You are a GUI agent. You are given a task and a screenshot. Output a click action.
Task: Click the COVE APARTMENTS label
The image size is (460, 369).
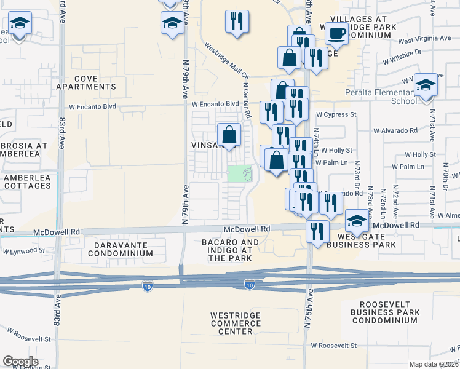[95, 83]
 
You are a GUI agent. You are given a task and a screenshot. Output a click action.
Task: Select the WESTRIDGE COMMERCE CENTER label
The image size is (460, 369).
[236, 323]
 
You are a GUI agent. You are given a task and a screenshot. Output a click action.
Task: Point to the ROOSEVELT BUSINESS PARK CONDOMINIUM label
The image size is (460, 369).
[389, 312]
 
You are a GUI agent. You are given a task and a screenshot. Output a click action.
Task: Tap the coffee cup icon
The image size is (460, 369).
[336, 33]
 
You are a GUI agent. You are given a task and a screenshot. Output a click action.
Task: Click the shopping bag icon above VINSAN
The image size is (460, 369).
[229, 135]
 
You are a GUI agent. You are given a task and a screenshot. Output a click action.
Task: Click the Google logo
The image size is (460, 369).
[20, 362]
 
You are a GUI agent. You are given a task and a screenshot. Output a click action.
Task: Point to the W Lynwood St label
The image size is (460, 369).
[24, 251]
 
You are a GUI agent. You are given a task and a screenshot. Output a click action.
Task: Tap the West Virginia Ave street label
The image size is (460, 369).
[424, 39]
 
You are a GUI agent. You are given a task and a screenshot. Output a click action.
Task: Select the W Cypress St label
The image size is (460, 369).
[336, 114]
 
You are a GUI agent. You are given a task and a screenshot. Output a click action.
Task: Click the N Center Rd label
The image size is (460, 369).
[246, 101]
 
